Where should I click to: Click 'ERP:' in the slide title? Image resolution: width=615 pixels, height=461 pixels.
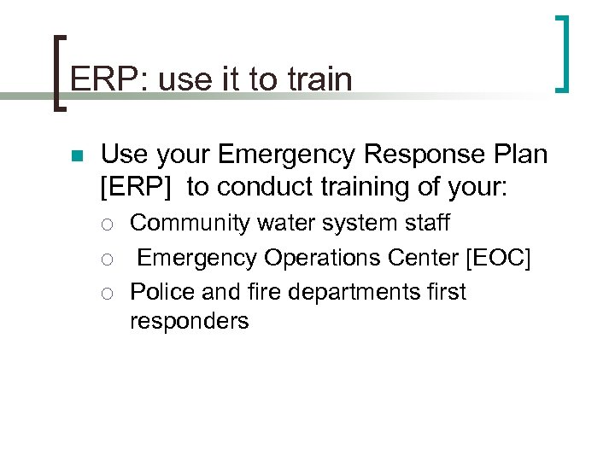[x=98, y=79]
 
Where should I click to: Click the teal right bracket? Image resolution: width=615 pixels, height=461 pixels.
[x=563, y=53]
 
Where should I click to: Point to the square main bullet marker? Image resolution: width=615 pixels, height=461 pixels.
[x=75, y=156]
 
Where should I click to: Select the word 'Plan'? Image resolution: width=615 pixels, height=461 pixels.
[x=519, y=155]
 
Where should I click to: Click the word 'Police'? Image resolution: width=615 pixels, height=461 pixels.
[x=162, y=291]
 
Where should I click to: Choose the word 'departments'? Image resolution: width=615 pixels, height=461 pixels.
[x=344, y=292]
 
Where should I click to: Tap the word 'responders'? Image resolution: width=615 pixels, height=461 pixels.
[x=189, y=321]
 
